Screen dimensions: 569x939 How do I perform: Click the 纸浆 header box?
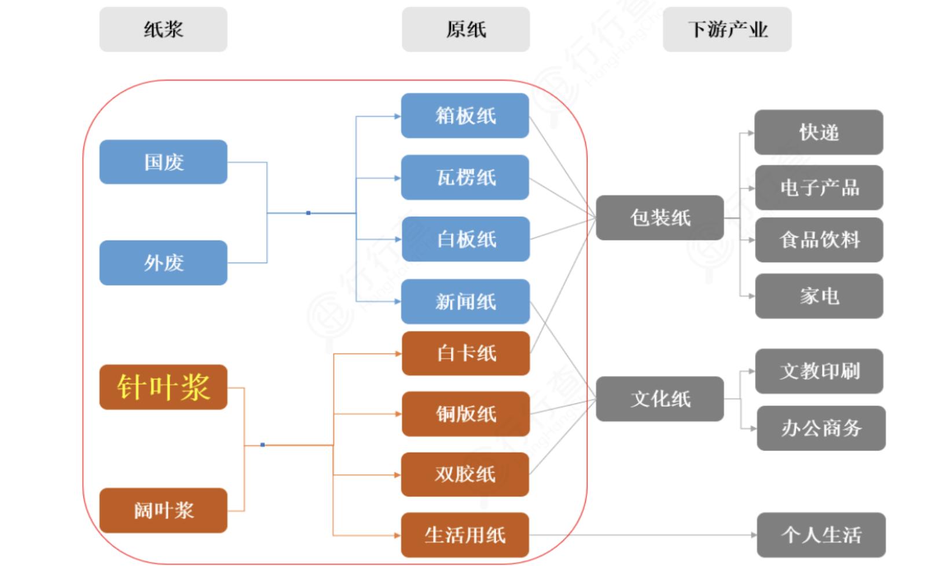coord(163,30)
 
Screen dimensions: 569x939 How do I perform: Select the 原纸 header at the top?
coord(465,30)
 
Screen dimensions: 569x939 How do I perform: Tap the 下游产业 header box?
coord(727,30)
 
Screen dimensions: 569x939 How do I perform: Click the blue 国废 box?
coord(163,162)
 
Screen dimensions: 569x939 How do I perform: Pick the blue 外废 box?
coord(163,263)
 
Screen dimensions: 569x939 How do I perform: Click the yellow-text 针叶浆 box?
coord(163,387)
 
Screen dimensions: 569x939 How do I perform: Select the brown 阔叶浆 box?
coord(163,510)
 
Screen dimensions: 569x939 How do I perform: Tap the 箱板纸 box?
coord(465,116)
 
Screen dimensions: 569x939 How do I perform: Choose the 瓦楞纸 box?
coord(465,177)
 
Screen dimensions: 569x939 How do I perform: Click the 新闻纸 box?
coord(465,301)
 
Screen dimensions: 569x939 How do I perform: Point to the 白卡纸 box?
coord(465,353)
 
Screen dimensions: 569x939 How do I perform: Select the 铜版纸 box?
coord(465,414)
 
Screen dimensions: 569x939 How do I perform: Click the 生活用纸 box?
coord(465,535)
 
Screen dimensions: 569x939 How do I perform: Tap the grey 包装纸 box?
coord(660,218)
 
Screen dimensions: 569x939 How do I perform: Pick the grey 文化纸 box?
coord(660,399)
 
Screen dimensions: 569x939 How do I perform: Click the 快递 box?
coord(819,132)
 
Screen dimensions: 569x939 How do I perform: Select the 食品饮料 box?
coord(819,240)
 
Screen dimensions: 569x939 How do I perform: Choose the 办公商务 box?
coord(821,428)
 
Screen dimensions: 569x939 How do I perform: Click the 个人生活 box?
coord(821,535)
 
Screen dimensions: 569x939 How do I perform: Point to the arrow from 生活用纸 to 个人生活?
coord(643,535)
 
